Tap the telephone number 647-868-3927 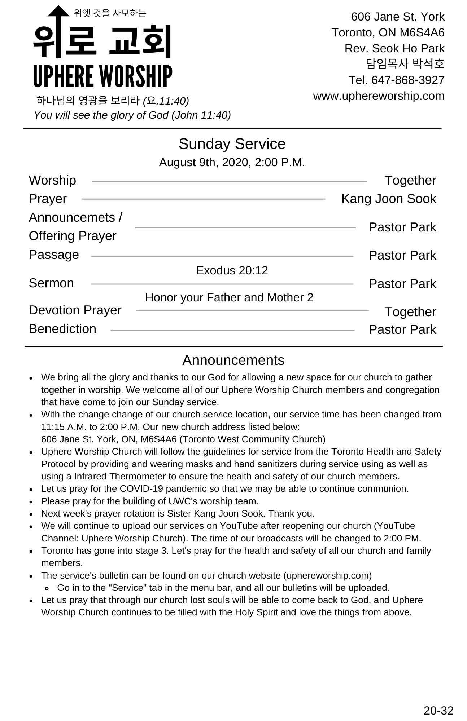point(408,80)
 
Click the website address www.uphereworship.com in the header point(379,96)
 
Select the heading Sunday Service point(232,144)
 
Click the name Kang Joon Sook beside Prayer point(388,199)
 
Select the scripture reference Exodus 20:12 point(232,270)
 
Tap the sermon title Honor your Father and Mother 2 point(229,297)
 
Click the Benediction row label point(62,329)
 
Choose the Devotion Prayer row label point(75,310)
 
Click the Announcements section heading point(233,360)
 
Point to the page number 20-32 point(438,711)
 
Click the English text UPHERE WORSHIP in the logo point(102,76)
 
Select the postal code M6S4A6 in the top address point(422,33)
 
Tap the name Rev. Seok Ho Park point(394,48)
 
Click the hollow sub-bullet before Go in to point(47,588)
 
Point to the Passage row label point(54,255)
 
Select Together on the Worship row point(410,180)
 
